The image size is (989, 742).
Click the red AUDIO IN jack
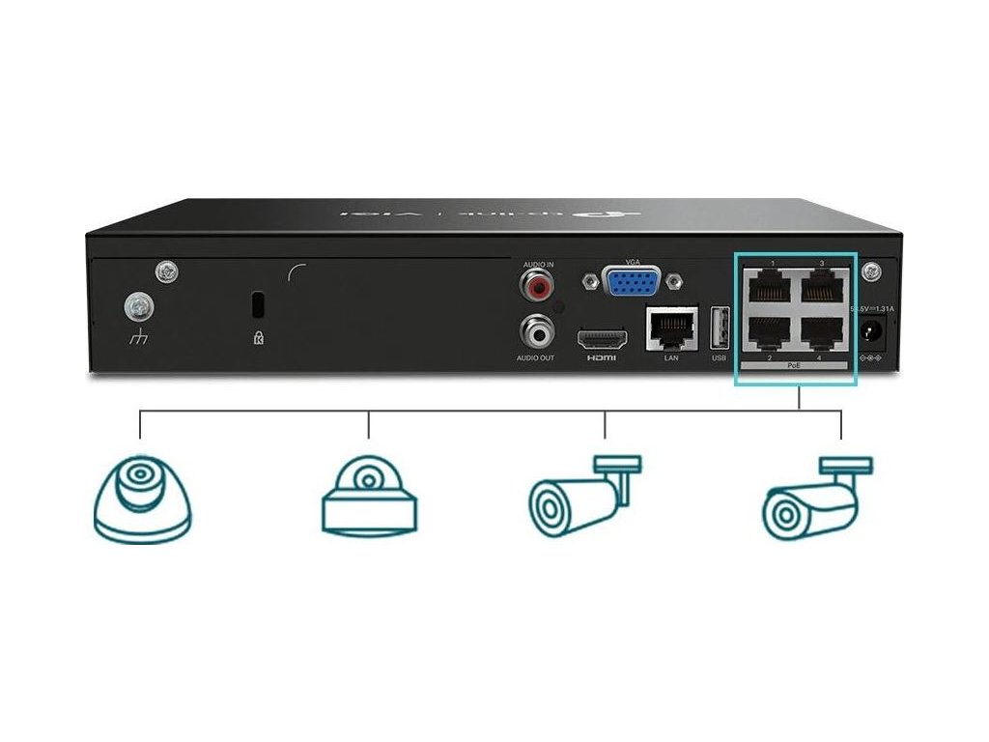pos(535,287)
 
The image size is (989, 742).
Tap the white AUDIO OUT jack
pos(535,332)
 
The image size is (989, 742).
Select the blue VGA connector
pos(632,282)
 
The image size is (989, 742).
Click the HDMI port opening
pos(602,339)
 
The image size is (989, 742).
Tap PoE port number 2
pos(768,333)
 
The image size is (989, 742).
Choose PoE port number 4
pos(822,333)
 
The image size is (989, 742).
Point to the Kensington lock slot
pos(257,302)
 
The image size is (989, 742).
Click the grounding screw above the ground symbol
pos(137,307)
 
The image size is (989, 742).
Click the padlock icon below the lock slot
pos(257,338)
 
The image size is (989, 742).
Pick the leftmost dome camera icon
pos(141,497)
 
